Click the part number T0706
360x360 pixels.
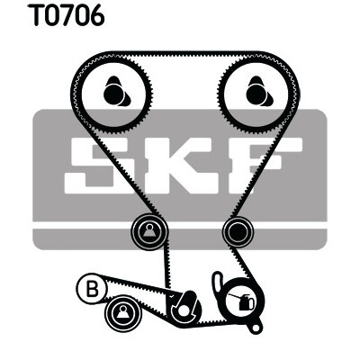(x=66, y=14)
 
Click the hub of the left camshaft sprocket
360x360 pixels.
(x=116, y=92)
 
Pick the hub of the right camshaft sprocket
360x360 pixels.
(x=258, y=92)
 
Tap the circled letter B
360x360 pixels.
(x=92, y=288)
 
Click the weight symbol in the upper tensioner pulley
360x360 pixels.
(x=149, y=231)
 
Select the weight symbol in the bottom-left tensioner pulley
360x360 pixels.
(x=123, y=312)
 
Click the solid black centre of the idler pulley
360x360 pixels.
(x=238, y=232)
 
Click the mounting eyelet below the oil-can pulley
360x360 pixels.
(x=256, y=327)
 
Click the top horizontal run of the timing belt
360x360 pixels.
(x=184, y=54)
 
